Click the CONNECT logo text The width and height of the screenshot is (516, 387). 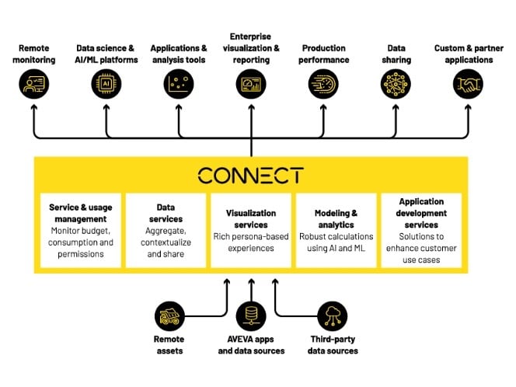pyautogui.click(x=250, y=175)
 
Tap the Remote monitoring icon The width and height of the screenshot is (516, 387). pyautogui.click(x=34, y=84)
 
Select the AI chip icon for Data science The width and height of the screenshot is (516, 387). pyautogui.click(x=106, y=84)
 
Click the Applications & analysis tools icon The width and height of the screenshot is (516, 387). pyautogui.click(x=179, y=84)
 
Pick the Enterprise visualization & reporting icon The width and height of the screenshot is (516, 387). pyautogui.click(x=250, y=84)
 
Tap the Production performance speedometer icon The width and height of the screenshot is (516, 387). pyautogui.click(x=323, y=84)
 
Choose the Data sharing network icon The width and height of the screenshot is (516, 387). pyautogui.click(x=396, y=84)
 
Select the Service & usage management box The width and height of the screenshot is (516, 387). pyautogui.click(x=81, y=231)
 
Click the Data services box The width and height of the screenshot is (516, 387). pyautogui.click(x=166, y=231)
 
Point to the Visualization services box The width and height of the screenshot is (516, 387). pyautogui.click(x=250, y=231)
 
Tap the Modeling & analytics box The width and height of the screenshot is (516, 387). pyautogui.click(x=335, y=231)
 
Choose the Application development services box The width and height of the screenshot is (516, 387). pyautogui.click(x=420, y=231)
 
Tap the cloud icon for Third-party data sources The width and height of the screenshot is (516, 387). pyautogui.click(x=332, y=316)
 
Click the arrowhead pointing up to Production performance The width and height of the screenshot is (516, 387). pyautogui.click(x=323, y=106)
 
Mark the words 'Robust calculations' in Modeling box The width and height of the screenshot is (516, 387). pyautogui.click(x=335, y=236)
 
